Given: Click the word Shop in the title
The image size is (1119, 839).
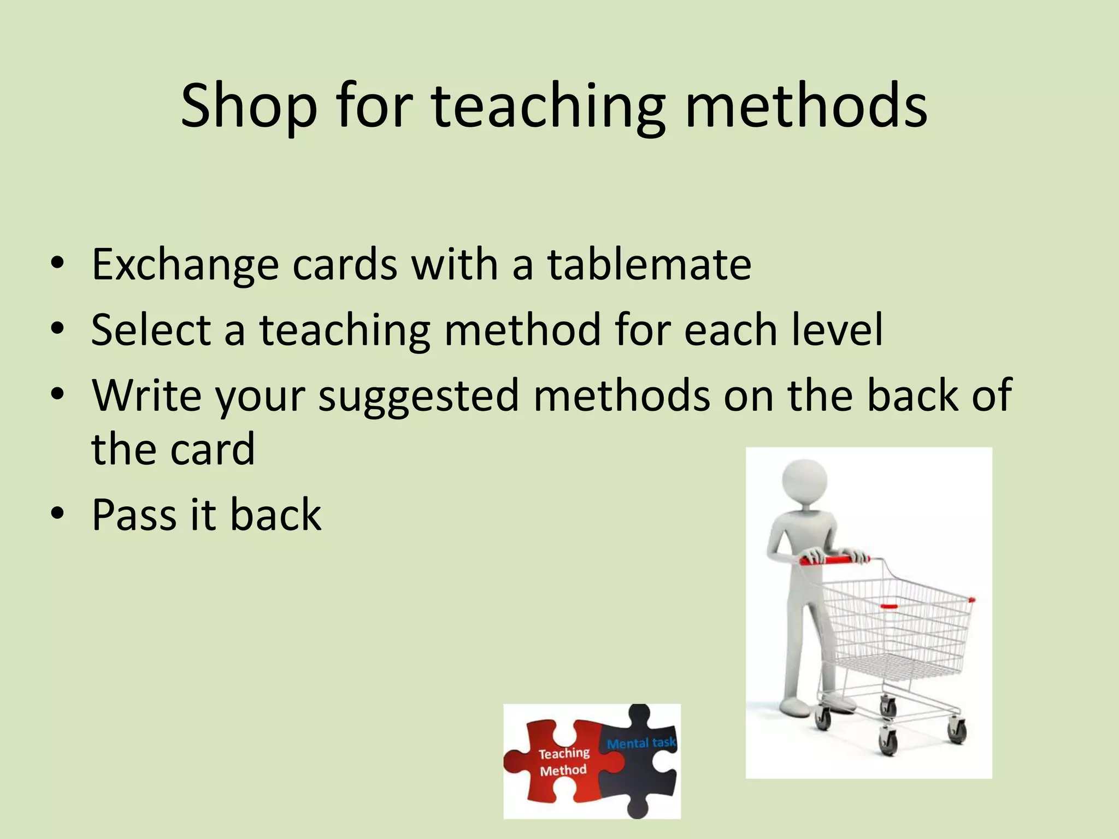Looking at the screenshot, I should click(x=249, y=107).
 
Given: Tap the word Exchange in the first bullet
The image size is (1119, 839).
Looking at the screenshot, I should click(x=185, y=265).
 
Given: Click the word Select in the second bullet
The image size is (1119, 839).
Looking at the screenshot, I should click(x=151, y=330).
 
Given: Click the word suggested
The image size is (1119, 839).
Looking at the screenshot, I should click(x=419, y=396).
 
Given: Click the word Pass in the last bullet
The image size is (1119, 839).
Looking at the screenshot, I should click(x=134, y=515).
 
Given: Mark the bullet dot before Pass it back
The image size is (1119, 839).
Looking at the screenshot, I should click(x=57, y=513).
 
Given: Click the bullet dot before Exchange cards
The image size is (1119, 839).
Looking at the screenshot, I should click(x=57, y=263).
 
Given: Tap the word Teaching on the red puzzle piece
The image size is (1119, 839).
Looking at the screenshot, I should click(x=564, y=754).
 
